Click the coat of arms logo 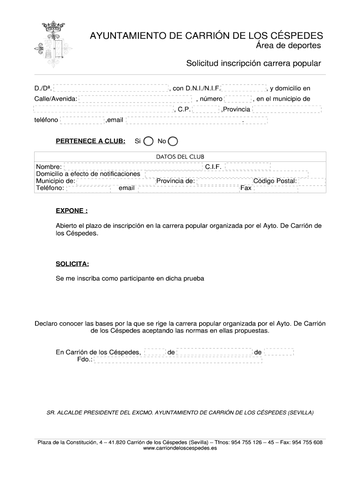(x=51, y=43)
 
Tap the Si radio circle (x=148, y=141)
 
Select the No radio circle (x=173, y=141)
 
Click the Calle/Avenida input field (x=136, y=99)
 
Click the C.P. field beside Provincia (x=206, y=109)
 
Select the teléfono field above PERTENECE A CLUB (x=82, y=120)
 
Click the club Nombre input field (x=133, y=167)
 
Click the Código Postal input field (x=311, y=181)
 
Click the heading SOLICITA (x=72, y=264)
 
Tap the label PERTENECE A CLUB (x=90, y=141)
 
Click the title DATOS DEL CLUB (x=180, y=157)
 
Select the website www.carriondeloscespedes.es (x=180, y=448)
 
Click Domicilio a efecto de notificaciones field (x=226, y=174)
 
